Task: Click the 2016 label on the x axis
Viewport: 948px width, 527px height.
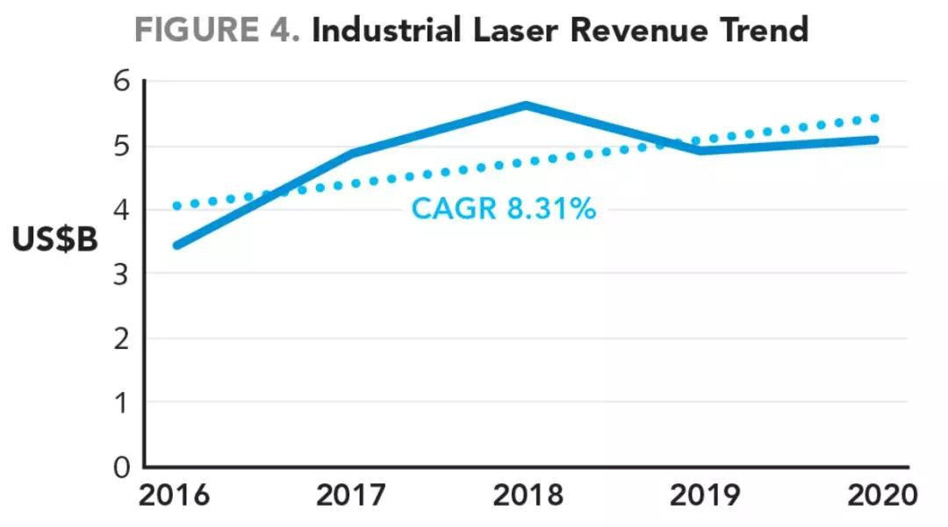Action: click(174, 495)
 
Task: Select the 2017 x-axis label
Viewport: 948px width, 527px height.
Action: click(351, 495)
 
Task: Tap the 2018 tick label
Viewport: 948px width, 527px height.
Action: click(528, 495)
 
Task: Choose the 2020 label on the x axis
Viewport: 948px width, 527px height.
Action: click(881, 495)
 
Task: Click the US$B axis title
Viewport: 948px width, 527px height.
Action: click(55, 240)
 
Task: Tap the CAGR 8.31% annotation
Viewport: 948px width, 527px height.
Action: click(504, 210)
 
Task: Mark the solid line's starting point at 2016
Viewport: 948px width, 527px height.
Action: click(177, 246)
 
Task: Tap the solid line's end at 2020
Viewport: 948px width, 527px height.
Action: click(875, 139)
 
